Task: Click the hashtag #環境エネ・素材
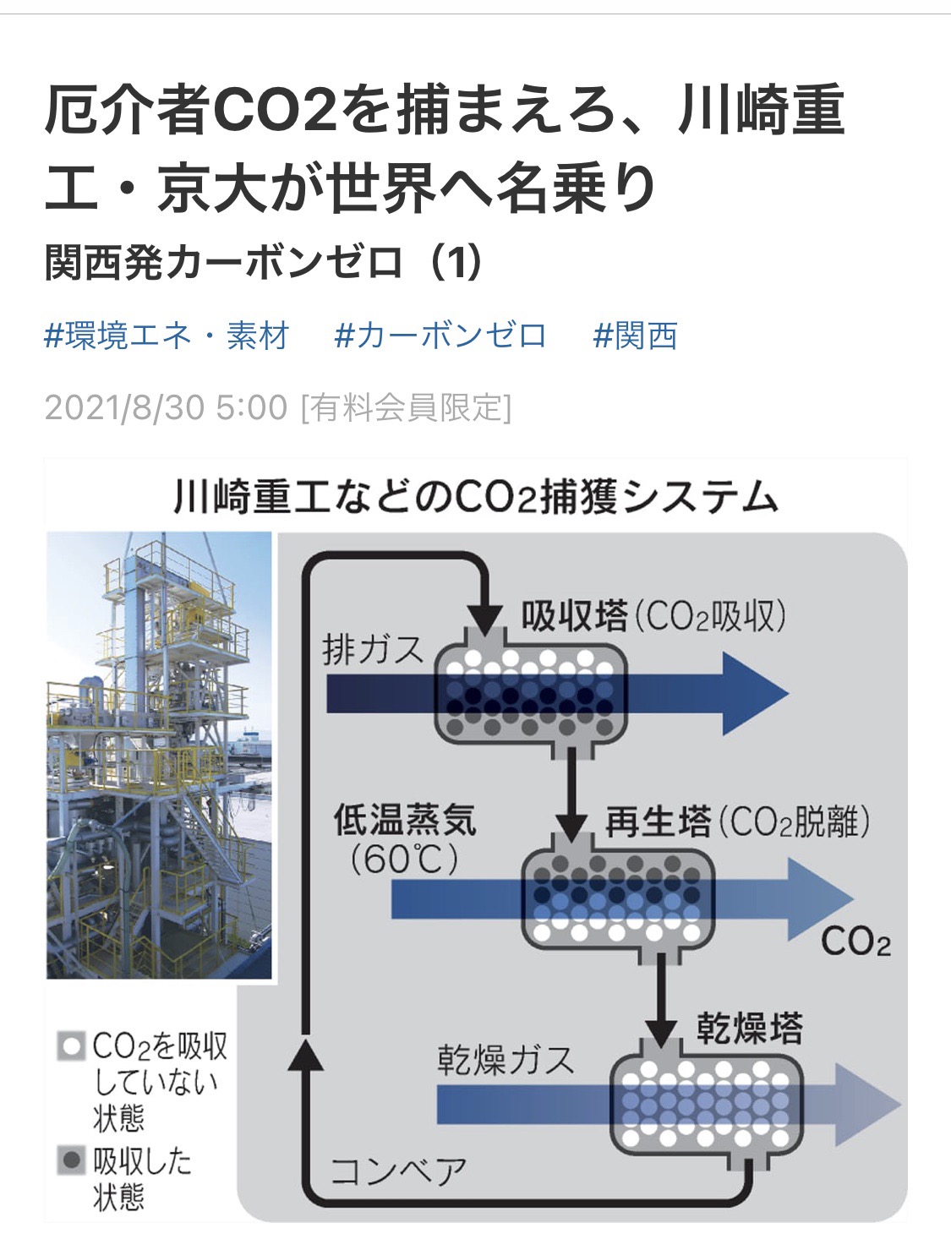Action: (167, 336)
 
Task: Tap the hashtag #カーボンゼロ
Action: (440, 336)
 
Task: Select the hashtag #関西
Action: (635, 336)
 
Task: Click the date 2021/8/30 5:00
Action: (166, 407)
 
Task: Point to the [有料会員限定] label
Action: (407, 407)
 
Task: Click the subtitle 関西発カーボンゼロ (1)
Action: (263, 262)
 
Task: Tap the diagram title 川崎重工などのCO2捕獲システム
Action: (475, 497)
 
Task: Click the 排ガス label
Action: (372, 650)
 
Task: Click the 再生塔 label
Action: (658, 821)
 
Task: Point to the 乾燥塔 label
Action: (749, 1029)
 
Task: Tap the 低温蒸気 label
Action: (405, 820)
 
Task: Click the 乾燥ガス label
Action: (506, 1060)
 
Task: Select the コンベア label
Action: (398, 1171)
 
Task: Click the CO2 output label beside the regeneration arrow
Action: (855, 942)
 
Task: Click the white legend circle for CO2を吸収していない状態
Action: (72, 1047)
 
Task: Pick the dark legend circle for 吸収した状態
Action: (72, 1160)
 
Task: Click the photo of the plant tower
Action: (159, 755)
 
